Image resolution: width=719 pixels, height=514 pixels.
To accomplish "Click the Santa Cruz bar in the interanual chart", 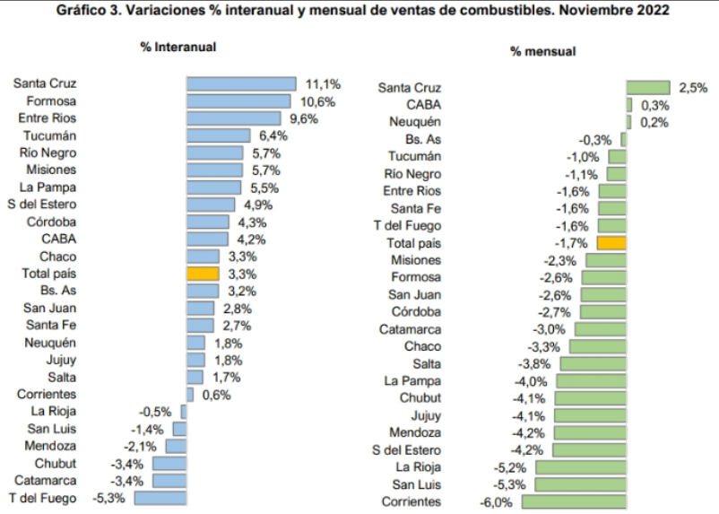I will click(241, 83).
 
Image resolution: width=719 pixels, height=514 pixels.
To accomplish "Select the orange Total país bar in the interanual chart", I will click(203, 274).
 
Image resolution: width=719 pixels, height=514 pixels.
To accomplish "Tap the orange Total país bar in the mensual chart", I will click(611, 243).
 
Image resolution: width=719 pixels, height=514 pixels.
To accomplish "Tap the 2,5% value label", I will click(694, 88).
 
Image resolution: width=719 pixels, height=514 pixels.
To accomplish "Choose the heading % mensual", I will click(542, 52).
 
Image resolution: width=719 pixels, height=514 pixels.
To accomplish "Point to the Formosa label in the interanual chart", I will click(51, 101).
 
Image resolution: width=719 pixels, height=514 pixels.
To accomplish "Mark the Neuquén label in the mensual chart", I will click(415, 122).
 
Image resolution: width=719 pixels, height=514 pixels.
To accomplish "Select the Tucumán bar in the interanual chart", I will click(218, 135).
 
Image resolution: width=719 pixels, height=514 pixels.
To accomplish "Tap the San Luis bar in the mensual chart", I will click(580, 484).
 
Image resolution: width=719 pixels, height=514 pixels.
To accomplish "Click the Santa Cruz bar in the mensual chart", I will click(647, 88).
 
